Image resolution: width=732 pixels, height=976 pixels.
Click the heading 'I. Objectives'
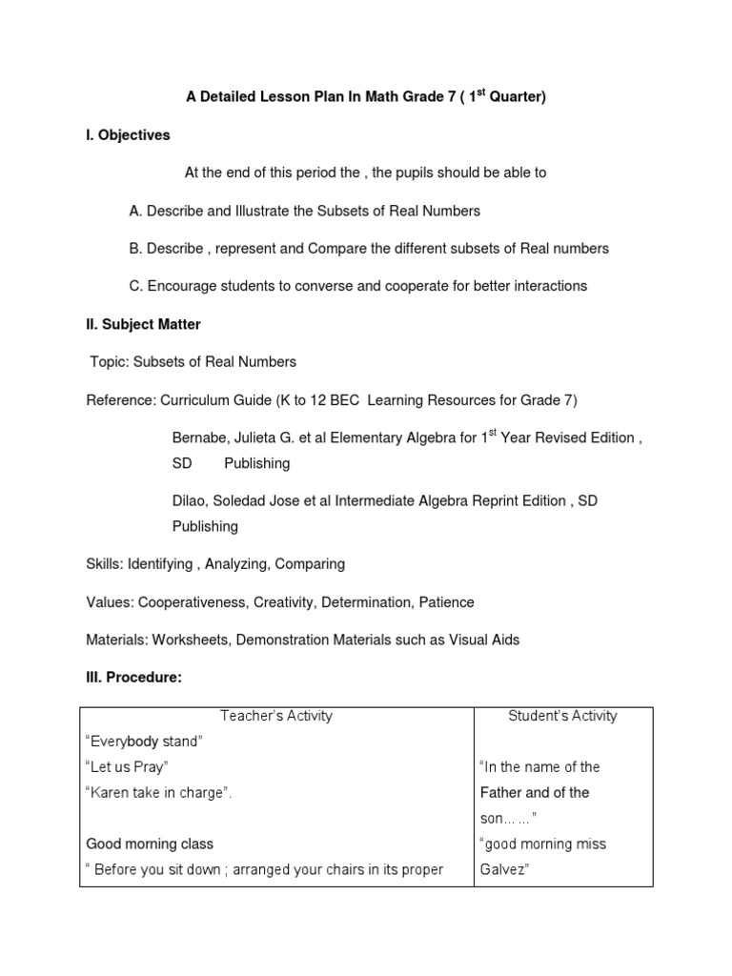pyautogui.click(x=128, y=135)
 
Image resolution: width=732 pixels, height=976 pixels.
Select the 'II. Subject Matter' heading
pyautogui.click(x=143, y=324)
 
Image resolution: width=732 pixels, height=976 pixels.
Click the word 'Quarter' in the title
pyautogui.click(x=516, y=97)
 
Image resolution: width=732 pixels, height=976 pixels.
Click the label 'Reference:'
pyautogui.click(x=121, y=400)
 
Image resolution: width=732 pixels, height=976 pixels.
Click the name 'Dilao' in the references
pyautogui.click(x=191, y=501)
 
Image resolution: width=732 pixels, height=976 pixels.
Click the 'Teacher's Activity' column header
pyautogui.click(x=276, y=716)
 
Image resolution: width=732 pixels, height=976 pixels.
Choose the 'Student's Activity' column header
pyautogui.click(x=563, y=716)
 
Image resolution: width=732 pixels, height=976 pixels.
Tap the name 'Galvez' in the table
pyautogui.click(x=503, y=869)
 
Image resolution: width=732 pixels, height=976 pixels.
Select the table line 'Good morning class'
pyautogui.click(x=150, y=844)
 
